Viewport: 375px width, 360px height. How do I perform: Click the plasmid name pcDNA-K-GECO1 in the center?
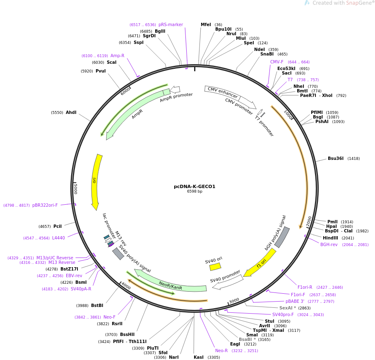tap(195, 186)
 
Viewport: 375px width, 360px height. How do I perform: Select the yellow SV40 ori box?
tap(215, 267)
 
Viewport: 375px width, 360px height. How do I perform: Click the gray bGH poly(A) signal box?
tap(282, 237)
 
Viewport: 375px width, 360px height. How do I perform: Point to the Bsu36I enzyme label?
tap(336, 158)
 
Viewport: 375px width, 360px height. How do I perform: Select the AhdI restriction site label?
tap(71, 113)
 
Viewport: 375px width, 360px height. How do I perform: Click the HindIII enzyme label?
tap(330, 238)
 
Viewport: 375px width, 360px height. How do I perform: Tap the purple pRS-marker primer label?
tap(171, 25)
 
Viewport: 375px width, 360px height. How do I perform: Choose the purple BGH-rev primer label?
tap(329, 245)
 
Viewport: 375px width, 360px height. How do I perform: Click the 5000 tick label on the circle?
tap(76, 189)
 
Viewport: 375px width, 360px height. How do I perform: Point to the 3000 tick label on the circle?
tap(234, 301)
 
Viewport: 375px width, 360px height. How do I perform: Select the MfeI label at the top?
tap(206, 25)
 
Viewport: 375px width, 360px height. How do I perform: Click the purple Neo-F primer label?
tap(109, 317)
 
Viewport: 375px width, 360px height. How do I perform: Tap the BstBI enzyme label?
tap(97, 306)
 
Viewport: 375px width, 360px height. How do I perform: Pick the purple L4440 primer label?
tap(58, 238)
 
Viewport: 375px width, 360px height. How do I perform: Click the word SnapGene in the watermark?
tap(359, 3)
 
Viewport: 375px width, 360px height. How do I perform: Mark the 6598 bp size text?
tap(195, 191)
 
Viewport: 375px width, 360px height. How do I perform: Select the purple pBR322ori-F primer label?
tap(45, 205)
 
